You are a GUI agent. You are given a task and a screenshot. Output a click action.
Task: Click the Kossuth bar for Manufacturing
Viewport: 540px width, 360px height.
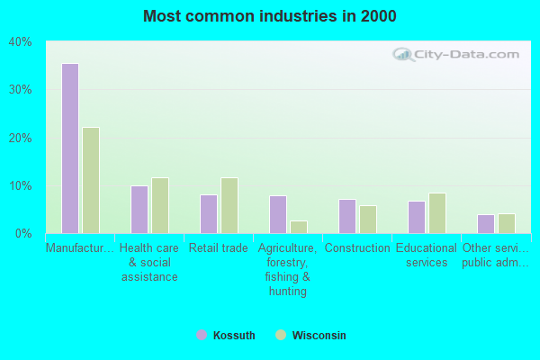point(69,148)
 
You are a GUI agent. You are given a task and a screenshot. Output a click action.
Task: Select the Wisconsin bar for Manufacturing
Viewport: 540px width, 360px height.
point(91,180)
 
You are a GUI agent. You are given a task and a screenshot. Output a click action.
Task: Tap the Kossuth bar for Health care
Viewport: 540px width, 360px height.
point(139,210)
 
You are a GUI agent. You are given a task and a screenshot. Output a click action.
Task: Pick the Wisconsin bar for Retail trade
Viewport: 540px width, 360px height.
point(229,205)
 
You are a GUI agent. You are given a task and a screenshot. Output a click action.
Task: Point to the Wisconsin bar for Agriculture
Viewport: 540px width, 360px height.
point(298,227)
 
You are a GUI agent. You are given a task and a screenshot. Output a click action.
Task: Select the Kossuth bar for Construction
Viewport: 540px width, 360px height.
point(346,216)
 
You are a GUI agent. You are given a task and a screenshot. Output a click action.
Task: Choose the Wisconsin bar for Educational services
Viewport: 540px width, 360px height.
point(436,213)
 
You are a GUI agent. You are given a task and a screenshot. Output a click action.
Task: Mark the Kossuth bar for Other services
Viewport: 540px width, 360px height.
point(485,224)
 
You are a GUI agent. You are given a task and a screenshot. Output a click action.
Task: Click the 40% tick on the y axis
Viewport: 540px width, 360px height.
point(20,41)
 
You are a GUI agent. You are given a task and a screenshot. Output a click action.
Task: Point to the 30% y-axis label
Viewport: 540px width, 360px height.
point(20,90)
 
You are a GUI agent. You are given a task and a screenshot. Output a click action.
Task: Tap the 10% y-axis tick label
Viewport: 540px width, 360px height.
point(20,186)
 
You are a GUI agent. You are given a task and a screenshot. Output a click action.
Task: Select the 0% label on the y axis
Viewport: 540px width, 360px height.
point(23,234)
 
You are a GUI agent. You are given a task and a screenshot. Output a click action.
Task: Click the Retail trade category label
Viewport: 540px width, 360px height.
point(218,248)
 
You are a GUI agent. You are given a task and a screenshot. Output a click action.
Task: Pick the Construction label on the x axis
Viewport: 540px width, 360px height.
point(357,248)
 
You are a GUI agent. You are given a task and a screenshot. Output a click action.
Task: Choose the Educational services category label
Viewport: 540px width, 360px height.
point(427,256)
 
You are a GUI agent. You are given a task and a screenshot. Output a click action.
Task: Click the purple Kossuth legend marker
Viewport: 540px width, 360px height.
point(202,336)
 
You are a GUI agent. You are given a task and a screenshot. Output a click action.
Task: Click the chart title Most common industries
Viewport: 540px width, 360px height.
point(269,16)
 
